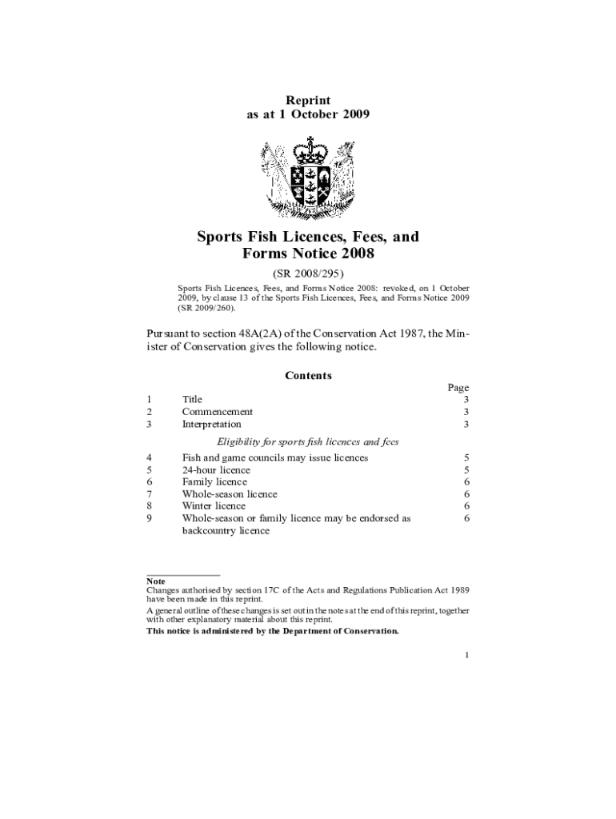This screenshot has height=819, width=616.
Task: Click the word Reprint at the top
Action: pos(308,100)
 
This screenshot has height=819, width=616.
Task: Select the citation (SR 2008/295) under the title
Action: pos(308,273)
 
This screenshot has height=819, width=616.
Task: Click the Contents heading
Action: pos(308,375)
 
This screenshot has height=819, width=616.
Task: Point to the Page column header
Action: pos(458,388)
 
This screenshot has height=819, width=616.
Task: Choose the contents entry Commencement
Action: pos(218,412)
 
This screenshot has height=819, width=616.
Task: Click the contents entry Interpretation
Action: pos(211,425)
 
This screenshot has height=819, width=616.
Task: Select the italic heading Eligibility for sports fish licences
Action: pos(308,441)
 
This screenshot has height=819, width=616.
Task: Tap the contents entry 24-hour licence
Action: pos(216,470)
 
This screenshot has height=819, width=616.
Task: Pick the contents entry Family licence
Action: pos(214,482)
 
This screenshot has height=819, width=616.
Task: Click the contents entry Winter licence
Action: pos(214,506)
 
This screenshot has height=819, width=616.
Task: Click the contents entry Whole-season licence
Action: pos(230,494)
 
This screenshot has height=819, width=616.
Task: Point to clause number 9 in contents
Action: pos(150,518)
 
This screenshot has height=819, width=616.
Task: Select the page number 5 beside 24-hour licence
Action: pos(466,470)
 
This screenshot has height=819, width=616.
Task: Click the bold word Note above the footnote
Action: pos(155,581)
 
